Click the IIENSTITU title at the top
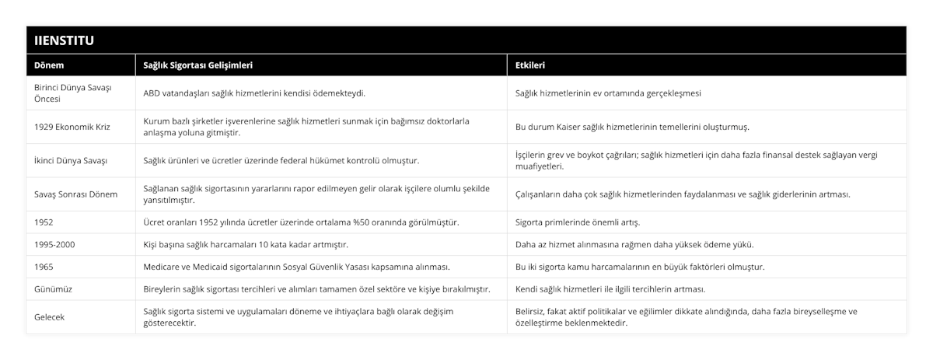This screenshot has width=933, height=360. pyautogui.click(x=63, y=39)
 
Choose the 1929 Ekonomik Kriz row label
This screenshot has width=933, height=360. pyautogui.click(x=72, y=127)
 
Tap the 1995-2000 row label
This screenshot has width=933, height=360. pyautogui.click(x=56, y=244)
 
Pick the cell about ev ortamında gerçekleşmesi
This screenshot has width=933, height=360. pyautogui.click(x=609, y=93)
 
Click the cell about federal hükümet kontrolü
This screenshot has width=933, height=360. pyautogui.click(x=281, y=160)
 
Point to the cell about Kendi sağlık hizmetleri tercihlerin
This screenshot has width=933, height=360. pyautogui.click(x=610, y=289)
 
